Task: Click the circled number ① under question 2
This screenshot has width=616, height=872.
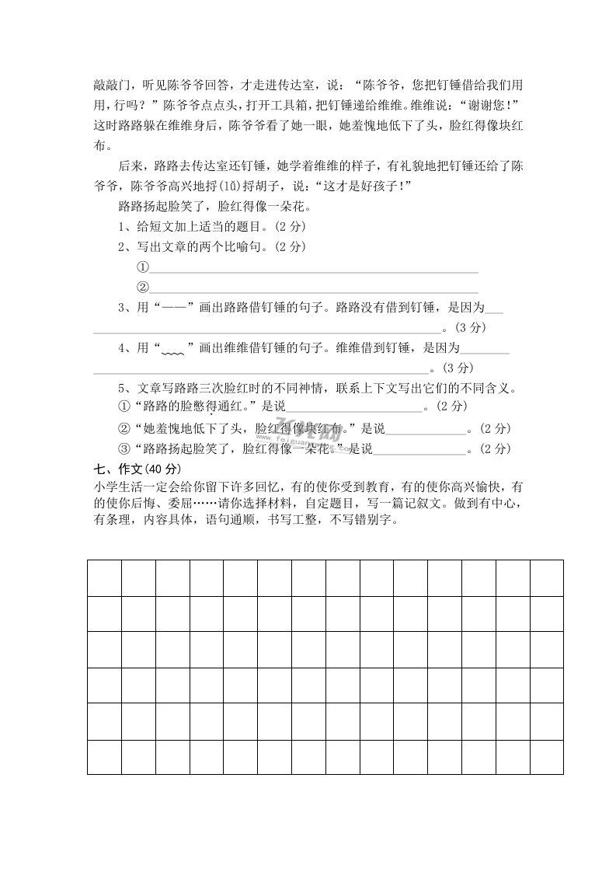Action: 142,267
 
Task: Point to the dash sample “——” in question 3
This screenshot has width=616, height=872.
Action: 172,308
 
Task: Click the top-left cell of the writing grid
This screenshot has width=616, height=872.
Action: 104,577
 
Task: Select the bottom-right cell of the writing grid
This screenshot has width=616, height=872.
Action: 546,757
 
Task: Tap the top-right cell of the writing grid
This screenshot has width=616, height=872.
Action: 546,577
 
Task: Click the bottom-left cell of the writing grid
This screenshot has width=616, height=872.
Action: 104,757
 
